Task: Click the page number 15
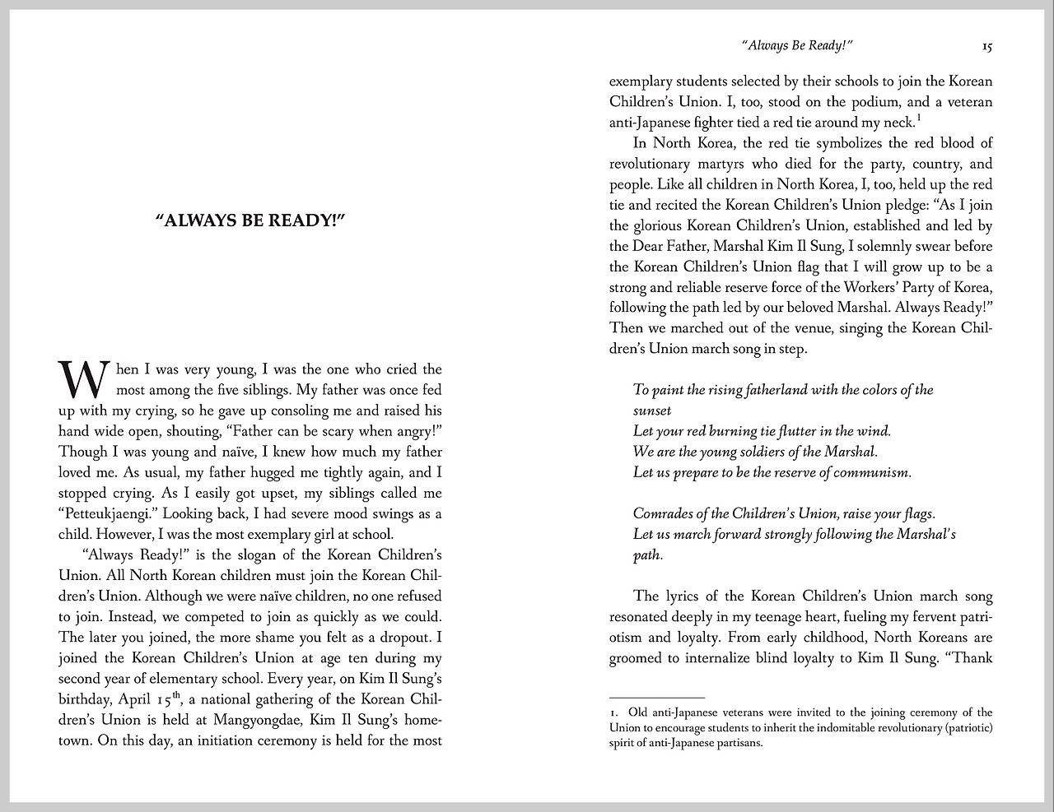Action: [986, 47]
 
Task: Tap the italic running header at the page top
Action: [796, 46]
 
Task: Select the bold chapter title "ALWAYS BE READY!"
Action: [250, 221]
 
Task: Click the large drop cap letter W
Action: [82, 379]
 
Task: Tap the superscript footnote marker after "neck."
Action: [918, 117]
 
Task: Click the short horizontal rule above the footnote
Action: [657, 698]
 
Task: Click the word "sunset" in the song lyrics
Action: [652, 411]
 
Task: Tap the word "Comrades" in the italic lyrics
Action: [663, 513]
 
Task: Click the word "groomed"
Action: [637, 658]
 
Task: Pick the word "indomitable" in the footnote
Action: [823, 728]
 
